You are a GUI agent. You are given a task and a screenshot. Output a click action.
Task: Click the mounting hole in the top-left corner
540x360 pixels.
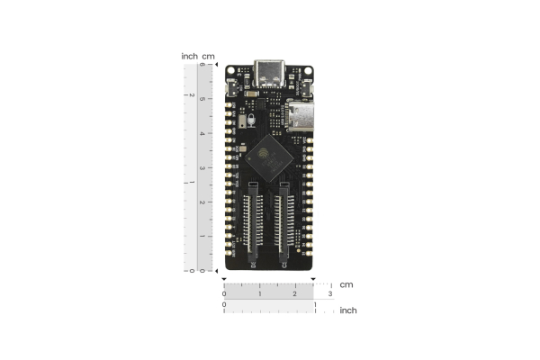point(230,69)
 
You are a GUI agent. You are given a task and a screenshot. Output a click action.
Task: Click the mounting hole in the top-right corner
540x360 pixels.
point(308,69)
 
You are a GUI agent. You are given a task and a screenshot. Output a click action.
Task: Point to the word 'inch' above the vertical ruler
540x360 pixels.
point(189,56)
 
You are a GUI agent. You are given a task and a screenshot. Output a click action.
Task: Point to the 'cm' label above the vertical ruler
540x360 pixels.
point(209,56)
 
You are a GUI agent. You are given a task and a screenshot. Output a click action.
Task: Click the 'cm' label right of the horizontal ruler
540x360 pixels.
point(346,284)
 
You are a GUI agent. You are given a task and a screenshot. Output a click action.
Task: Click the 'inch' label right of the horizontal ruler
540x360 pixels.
point(348,310)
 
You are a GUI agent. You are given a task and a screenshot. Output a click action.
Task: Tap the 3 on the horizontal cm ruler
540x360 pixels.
point(330,294)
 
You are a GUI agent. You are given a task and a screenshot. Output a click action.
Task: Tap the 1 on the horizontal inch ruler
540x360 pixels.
point(315,304)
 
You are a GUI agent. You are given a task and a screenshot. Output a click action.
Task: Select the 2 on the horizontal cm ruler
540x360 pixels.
point(295,294)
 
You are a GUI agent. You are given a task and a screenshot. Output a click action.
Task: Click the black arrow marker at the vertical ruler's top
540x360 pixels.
point(215,64)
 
